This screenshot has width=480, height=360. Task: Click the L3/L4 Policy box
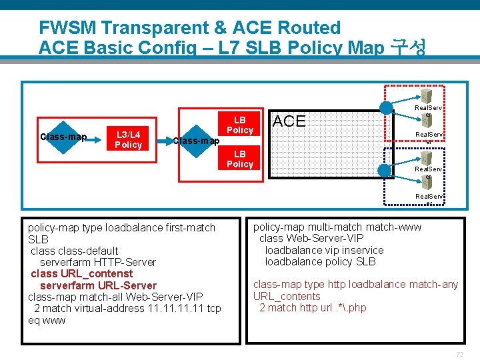click(128, 139)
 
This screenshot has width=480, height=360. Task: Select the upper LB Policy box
click(240, 125)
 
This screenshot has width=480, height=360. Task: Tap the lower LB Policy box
click(240, 159)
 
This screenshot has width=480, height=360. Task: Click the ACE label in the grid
click(289, 121)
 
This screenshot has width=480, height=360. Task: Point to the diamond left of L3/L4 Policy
click(63, 137)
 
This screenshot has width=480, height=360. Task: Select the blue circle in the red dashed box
click(386, 107)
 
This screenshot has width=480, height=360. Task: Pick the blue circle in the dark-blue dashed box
click(385, 171)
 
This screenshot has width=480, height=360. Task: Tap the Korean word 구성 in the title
click(408, 48)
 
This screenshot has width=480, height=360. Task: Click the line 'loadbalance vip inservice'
click(324, 250)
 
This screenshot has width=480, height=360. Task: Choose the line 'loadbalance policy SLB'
click(320, 261)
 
